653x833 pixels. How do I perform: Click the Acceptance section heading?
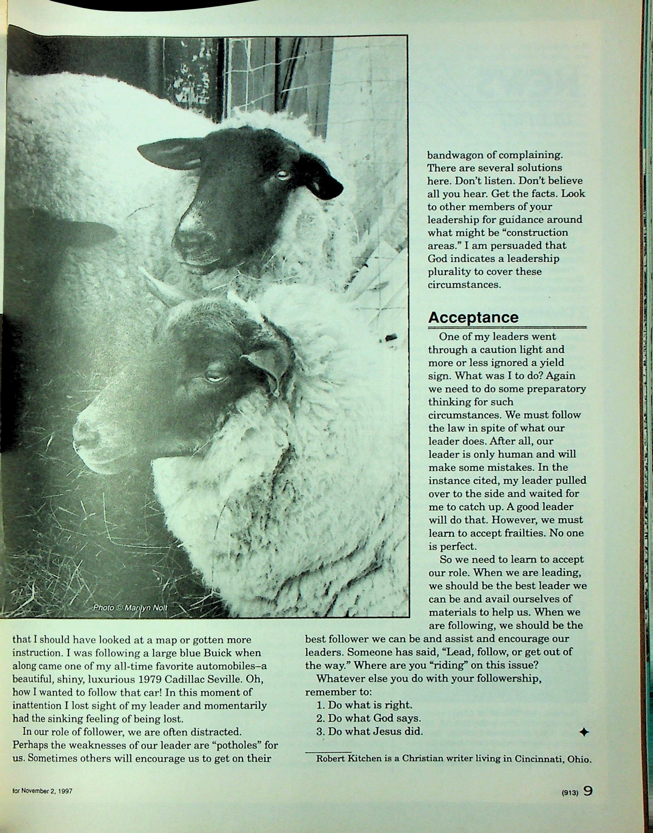[473, 318]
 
